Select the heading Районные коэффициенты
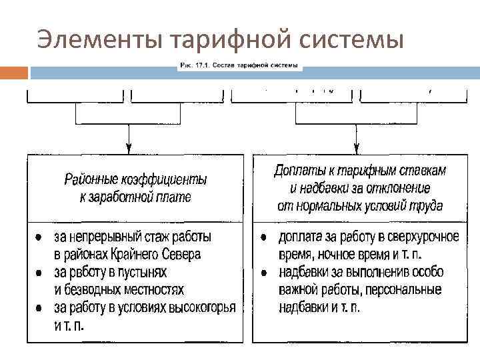click(135, 180)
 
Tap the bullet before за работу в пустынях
click(39, 273)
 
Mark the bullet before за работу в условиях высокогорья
click(39, 308)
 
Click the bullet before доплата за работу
click(265, 237)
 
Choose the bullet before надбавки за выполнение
click(265, 273)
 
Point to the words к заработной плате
click(135, 197)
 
